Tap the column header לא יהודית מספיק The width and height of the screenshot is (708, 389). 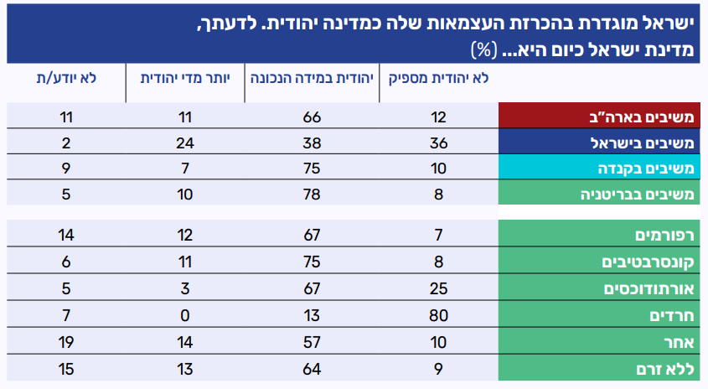[435, 79]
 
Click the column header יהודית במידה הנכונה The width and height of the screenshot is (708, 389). [313, 79]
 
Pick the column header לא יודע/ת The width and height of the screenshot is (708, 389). [66, 79]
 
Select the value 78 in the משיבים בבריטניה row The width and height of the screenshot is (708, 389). [313, 194]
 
